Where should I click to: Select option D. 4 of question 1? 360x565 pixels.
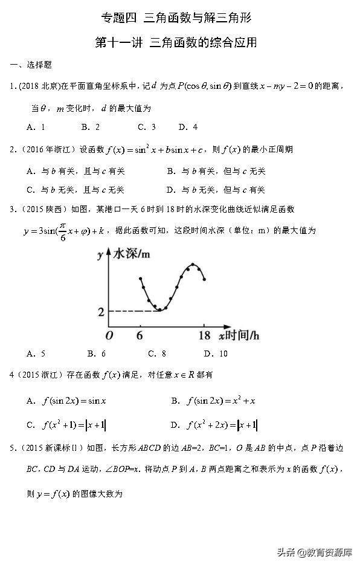pos(188,127)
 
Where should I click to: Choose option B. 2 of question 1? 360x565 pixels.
pos(90,127)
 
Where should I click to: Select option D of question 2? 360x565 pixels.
pos(216,190)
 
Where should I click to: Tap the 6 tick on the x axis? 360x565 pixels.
pos(140,335)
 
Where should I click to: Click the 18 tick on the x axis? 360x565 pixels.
pos(204,335)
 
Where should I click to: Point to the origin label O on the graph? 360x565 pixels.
pos(109,335)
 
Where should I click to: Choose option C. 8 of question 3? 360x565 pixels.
pos(157,354)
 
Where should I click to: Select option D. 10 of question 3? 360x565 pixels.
pos(216,354)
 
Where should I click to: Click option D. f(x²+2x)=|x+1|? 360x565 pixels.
pos(214,425)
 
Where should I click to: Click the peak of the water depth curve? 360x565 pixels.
pos(193,265)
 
